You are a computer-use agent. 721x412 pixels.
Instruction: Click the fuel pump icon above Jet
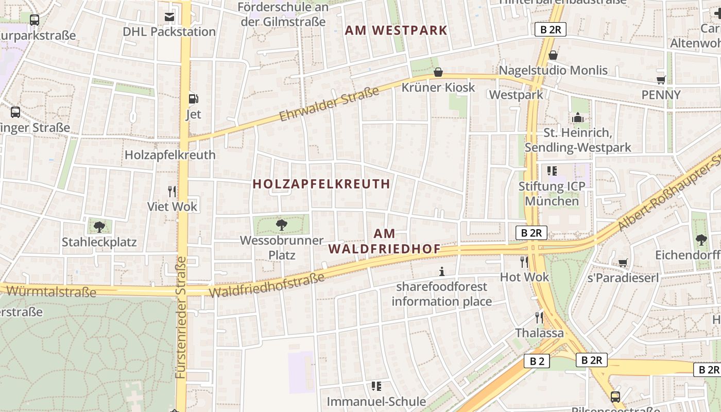coord(193,99)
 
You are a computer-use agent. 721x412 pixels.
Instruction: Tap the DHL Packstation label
coord(169,31)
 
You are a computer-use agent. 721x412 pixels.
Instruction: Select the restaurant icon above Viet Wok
coord(172,192)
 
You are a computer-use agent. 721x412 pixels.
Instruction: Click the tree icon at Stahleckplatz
coord(99,227)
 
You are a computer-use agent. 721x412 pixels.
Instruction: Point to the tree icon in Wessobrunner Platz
coord(281,225)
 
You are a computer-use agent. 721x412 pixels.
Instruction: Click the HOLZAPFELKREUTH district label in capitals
coord(321,184)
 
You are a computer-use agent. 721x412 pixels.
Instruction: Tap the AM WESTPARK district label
coord(396,30)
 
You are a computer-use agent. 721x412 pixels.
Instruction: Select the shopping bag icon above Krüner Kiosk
coord(438,72)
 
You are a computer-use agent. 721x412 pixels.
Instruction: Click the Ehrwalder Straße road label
coord(329,105)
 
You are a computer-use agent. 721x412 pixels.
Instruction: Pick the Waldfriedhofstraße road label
coord(267,285)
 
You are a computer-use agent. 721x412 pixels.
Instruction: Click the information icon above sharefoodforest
coord(441,271)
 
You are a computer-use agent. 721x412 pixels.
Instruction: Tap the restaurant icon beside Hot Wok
coord(524,262)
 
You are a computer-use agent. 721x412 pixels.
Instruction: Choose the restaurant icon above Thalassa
coord(539,317)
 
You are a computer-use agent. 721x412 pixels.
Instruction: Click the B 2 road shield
coord(537,361)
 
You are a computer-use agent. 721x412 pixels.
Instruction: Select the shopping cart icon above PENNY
coord(661,80)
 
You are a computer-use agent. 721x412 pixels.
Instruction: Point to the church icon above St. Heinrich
coord(577,117)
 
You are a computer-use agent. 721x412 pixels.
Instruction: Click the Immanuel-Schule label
coord(376,401)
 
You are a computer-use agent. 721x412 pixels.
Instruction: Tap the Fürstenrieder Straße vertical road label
coord(181,318)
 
